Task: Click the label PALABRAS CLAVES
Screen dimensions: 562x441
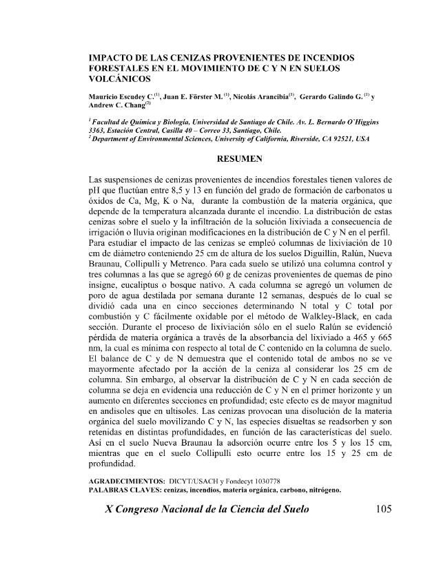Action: [x=129, y=490]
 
